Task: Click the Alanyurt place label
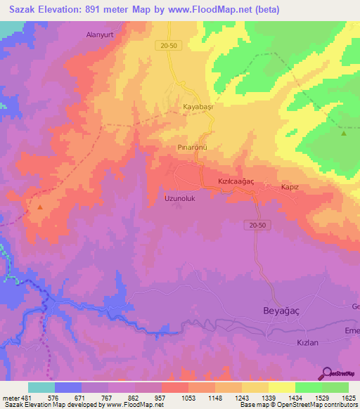(100, 34)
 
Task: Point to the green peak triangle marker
(344, 133)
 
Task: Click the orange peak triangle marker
(39, 207)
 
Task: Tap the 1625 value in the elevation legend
(348, 398)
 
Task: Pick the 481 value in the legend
(27, 398)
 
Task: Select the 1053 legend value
(188, 398)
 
